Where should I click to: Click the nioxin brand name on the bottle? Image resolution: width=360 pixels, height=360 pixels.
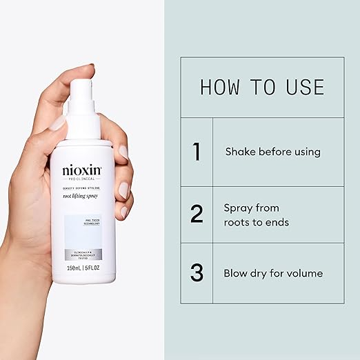(81, 170)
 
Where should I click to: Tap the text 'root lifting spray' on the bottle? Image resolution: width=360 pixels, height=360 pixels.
(81, 197)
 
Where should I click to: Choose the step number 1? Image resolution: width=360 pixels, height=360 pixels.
(197, 152)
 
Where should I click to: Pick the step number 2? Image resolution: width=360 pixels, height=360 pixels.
(197, 214)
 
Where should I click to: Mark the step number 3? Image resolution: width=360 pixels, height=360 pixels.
(197, 273)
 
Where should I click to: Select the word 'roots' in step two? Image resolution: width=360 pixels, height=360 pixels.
(238, 222)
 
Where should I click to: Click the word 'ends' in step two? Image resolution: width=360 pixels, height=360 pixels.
(277, 222)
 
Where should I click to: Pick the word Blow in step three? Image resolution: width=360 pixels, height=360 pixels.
(236, 273)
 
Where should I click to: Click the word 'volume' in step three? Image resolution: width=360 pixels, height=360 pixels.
(304, 273)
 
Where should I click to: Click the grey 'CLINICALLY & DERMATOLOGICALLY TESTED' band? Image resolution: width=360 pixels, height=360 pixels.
(82, 254)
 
